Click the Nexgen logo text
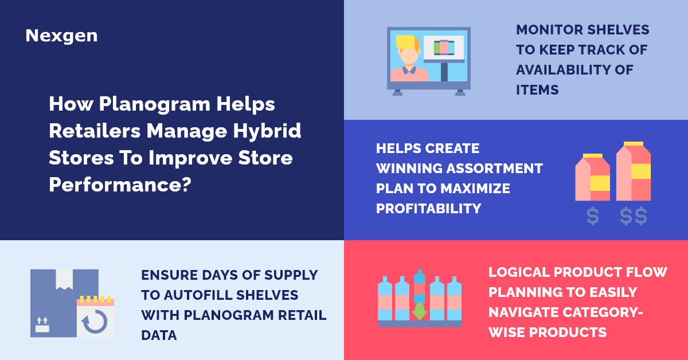tap(61, 36)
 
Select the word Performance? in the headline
tap(120, 184)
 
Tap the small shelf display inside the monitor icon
tap(444, 47)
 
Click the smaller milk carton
tap(592, 177)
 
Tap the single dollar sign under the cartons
tap(593, 217)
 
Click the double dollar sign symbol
tap(634, 217)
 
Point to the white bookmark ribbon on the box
tap(64, 279)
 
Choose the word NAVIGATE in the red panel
tap(522, 312)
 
